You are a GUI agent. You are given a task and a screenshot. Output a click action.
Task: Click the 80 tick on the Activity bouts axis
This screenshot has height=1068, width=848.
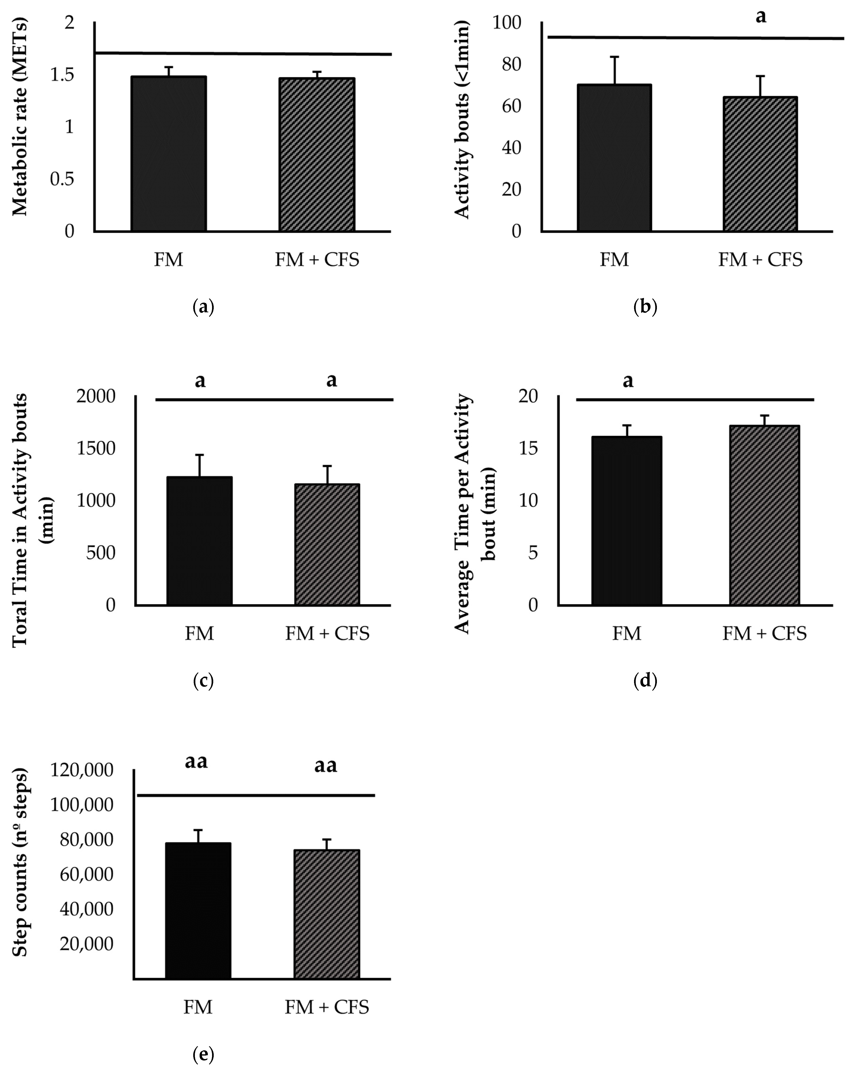pos(512,64)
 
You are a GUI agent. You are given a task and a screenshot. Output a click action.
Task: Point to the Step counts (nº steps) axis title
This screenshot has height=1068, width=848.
pos(20,862)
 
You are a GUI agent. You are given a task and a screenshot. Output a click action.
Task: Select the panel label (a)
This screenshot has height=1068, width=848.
pos(203,307)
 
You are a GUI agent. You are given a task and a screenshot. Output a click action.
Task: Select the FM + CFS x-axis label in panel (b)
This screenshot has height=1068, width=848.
pos(760,260)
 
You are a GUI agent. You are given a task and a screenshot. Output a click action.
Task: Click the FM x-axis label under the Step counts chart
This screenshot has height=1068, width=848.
pos(198,1007)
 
